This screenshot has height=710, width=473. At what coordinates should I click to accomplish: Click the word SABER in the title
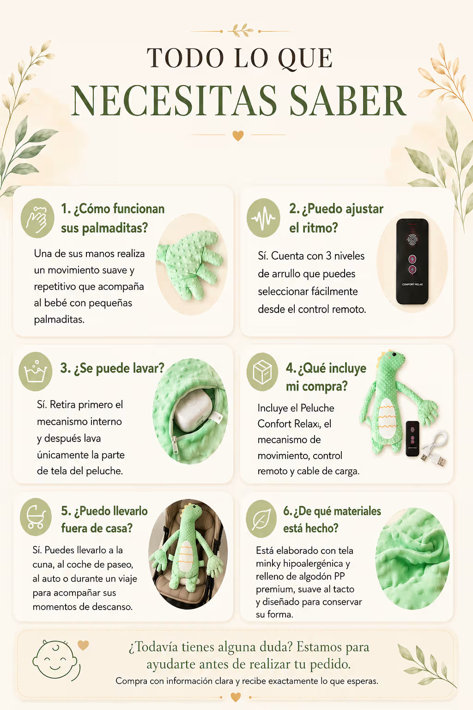point(347,100)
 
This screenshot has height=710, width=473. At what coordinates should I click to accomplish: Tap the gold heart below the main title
point(238,135)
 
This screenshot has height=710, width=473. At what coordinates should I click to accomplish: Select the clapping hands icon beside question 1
point(37,218)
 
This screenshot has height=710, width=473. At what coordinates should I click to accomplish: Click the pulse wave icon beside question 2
point(263,218)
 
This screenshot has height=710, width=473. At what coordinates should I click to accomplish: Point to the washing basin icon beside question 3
point(36,371)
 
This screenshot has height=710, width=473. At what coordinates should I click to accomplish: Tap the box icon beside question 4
point(262,372)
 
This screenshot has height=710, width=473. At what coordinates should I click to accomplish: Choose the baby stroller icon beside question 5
point(36,517)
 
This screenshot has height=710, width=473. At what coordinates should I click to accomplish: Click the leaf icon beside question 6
point(261,519)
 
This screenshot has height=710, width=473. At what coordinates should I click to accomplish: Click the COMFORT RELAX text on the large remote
point(412,284)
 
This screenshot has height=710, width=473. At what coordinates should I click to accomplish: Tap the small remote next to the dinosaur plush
point(412,438)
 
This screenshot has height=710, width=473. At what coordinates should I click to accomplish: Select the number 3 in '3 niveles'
point(329,256)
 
